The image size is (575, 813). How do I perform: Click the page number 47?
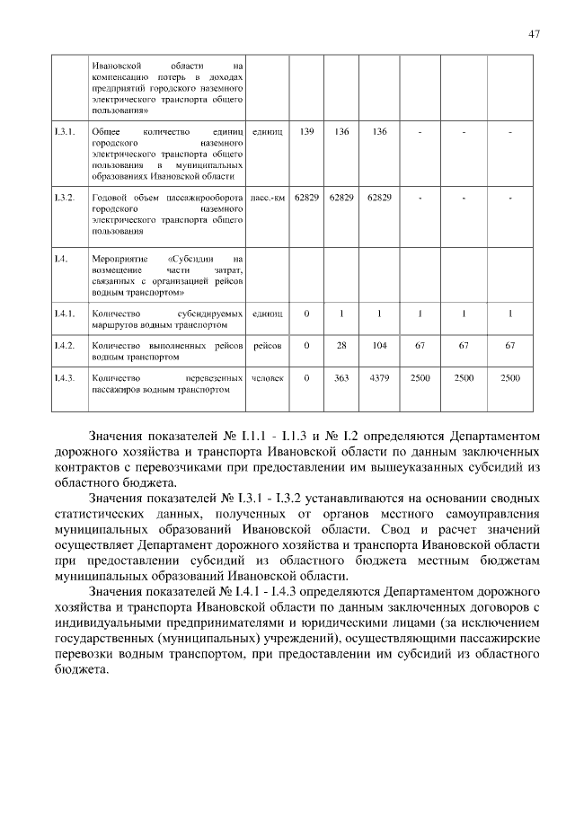tap(534, 33)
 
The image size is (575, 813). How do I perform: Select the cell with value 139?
tap(306, 132)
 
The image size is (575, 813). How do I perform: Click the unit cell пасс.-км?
tap(268, 197)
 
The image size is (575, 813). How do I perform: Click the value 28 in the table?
tap(341, 345)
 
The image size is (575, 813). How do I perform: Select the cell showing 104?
tap(379, 345)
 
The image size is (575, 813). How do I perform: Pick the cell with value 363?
tap(341, 378)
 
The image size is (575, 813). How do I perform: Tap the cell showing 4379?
tap(379, 378)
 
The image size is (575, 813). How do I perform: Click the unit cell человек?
tap(268, 378)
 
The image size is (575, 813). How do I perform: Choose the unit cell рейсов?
tap(268, 345)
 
